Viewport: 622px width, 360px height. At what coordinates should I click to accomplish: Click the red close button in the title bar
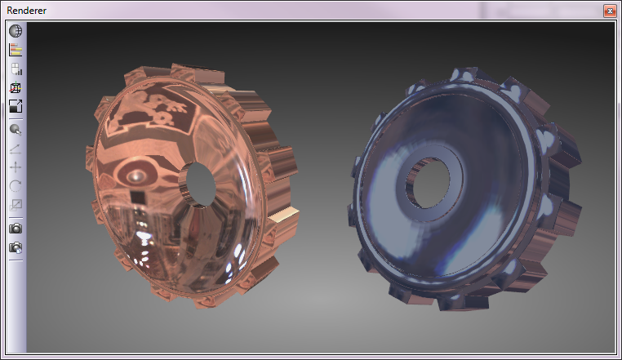(610, 11)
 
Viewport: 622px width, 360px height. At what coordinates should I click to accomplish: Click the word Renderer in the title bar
(26, 11)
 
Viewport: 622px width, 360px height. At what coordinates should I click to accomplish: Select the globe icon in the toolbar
(16, 31)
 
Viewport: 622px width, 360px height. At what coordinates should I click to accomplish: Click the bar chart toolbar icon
(16, 50)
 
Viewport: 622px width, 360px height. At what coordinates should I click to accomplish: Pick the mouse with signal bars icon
(16, 69)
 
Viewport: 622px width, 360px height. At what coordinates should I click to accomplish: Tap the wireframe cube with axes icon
(16, 87)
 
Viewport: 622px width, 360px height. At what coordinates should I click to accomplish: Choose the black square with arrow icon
(16, 106)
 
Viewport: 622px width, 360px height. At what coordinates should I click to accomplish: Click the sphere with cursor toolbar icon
(16, 130)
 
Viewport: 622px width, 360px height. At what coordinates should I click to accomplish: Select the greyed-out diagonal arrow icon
(15, 149)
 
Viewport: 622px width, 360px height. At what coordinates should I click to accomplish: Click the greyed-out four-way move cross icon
(16, 167)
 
